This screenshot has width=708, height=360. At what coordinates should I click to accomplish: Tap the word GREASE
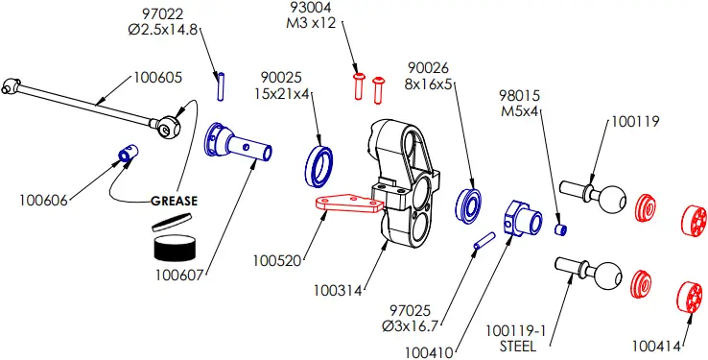pyautogui.click(x=174, y=202)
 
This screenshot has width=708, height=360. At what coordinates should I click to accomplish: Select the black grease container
pyautogui.click(x=174, y=247)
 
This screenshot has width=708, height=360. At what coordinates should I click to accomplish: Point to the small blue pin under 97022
pyautogui.click(x=220, y=84)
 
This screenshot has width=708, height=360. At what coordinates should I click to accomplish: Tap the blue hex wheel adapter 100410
pyautogui.click(x=520, y=218)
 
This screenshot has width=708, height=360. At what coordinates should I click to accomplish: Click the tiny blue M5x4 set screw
pyautogui.click(x=563, y=229)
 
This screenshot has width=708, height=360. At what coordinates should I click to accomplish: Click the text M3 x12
pyautogui.click(x=312, y=23)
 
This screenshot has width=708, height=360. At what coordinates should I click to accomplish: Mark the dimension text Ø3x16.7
pyautogui.click(x=410, y=326)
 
